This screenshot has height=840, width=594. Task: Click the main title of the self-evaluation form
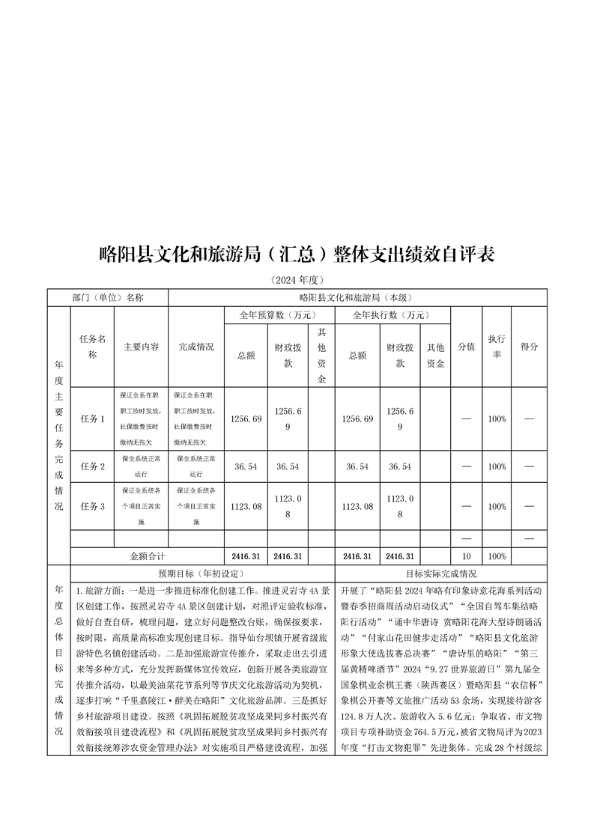click(x=297, y=254)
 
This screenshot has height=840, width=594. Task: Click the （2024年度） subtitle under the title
click(x=297, y=280)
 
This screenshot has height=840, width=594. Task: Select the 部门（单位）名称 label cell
click(x=108, y=297)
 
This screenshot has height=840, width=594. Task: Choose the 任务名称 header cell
click(x=92, y=347)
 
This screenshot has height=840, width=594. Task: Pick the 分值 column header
click(x=466, y=347)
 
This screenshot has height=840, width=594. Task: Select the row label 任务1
click(x=92, y=419)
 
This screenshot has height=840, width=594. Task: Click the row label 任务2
click(x=92, y=466)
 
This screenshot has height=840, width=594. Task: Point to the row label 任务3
click(x=92, y=507)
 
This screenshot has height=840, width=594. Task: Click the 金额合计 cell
click(x=147, y=556)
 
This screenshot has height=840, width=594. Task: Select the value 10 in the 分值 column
click(x=466, y=556)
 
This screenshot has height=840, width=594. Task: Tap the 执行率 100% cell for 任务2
click(x=497, y=466)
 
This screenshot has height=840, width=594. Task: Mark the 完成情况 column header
click(x=196, y=347)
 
